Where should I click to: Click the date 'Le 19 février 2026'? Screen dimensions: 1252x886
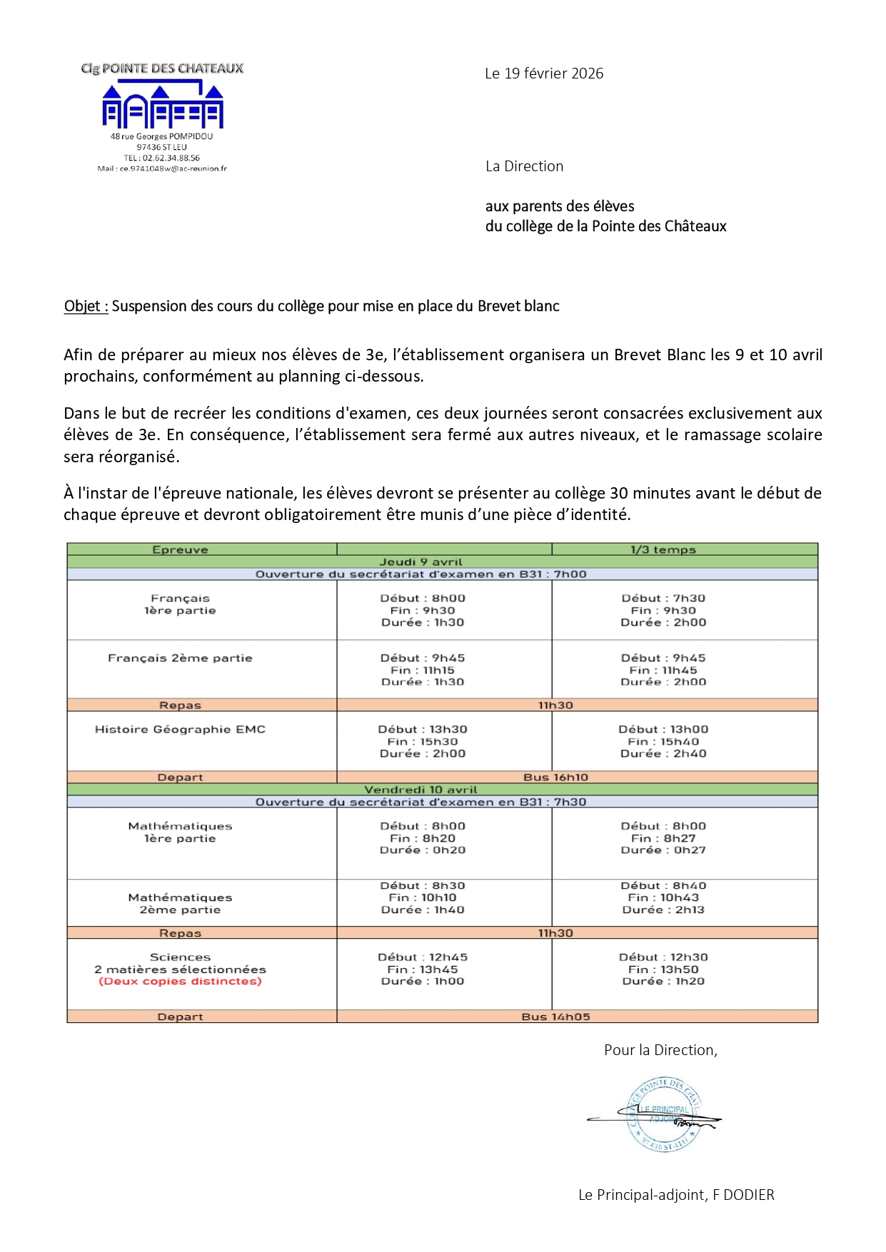point(544,73)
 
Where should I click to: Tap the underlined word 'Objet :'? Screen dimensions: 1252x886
point(86,306)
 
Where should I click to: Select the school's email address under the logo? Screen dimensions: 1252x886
point(162,169)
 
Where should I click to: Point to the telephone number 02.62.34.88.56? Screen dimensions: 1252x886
point(162,158)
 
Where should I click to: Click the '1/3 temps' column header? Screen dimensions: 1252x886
point(663,549)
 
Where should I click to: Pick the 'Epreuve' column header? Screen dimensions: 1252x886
point(180,549)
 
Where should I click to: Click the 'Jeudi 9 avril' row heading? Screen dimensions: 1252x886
point(421,562)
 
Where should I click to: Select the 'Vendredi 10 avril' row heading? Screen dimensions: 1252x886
point(421,790)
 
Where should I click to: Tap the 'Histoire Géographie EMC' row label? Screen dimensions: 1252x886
point(180,729)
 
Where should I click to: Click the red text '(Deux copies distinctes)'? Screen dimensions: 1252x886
point(180,982)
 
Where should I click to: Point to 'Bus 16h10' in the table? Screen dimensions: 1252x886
point(555,777)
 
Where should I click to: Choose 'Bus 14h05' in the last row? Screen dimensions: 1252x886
point(555,1017)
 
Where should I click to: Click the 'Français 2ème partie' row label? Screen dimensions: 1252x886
point(180,658)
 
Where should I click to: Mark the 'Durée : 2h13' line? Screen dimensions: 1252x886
point(663,910)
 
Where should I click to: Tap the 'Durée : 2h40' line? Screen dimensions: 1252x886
point(663,753)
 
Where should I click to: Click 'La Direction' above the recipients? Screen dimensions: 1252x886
point(524,166)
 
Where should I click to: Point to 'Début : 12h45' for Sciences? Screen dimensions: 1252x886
point(423,957)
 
